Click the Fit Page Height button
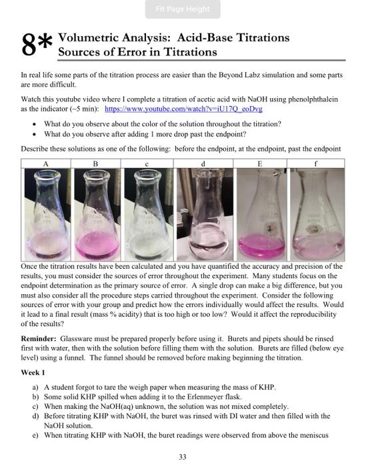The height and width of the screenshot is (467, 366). (x=183, y=9)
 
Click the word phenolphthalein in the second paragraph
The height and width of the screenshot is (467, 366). (x=313, y=98)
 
